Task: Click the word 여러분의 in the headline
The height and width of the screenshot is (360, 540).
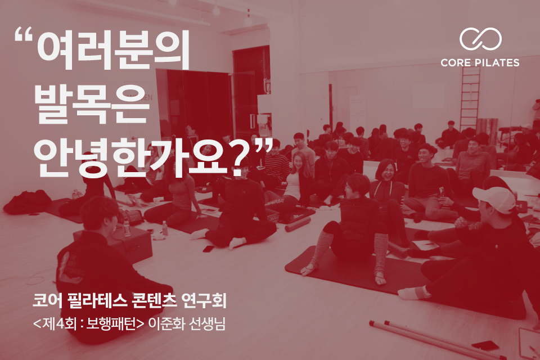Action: coord(113,50)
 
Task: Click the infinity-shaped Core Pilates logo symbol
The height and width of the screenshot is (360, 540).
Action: coord(480,39)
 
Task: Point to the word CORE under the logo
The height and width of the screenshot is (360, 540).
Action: coord(456,62)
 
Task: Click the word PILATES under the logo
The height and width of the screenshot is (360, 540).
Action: coord(497,62)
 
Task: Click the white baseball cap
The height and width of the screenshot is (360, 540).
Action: coord(494,200)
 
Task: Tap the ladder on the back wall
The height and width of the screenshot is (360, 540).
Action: coord(470,99)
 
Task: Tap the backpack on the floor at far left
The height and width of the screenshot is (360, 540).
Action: coord(27,202)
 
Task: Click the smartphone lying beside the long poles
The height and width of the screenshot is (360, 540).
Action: coord(485,345)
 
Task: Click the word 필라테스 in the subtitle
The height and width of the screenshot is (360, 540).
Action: coord(97,300)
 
